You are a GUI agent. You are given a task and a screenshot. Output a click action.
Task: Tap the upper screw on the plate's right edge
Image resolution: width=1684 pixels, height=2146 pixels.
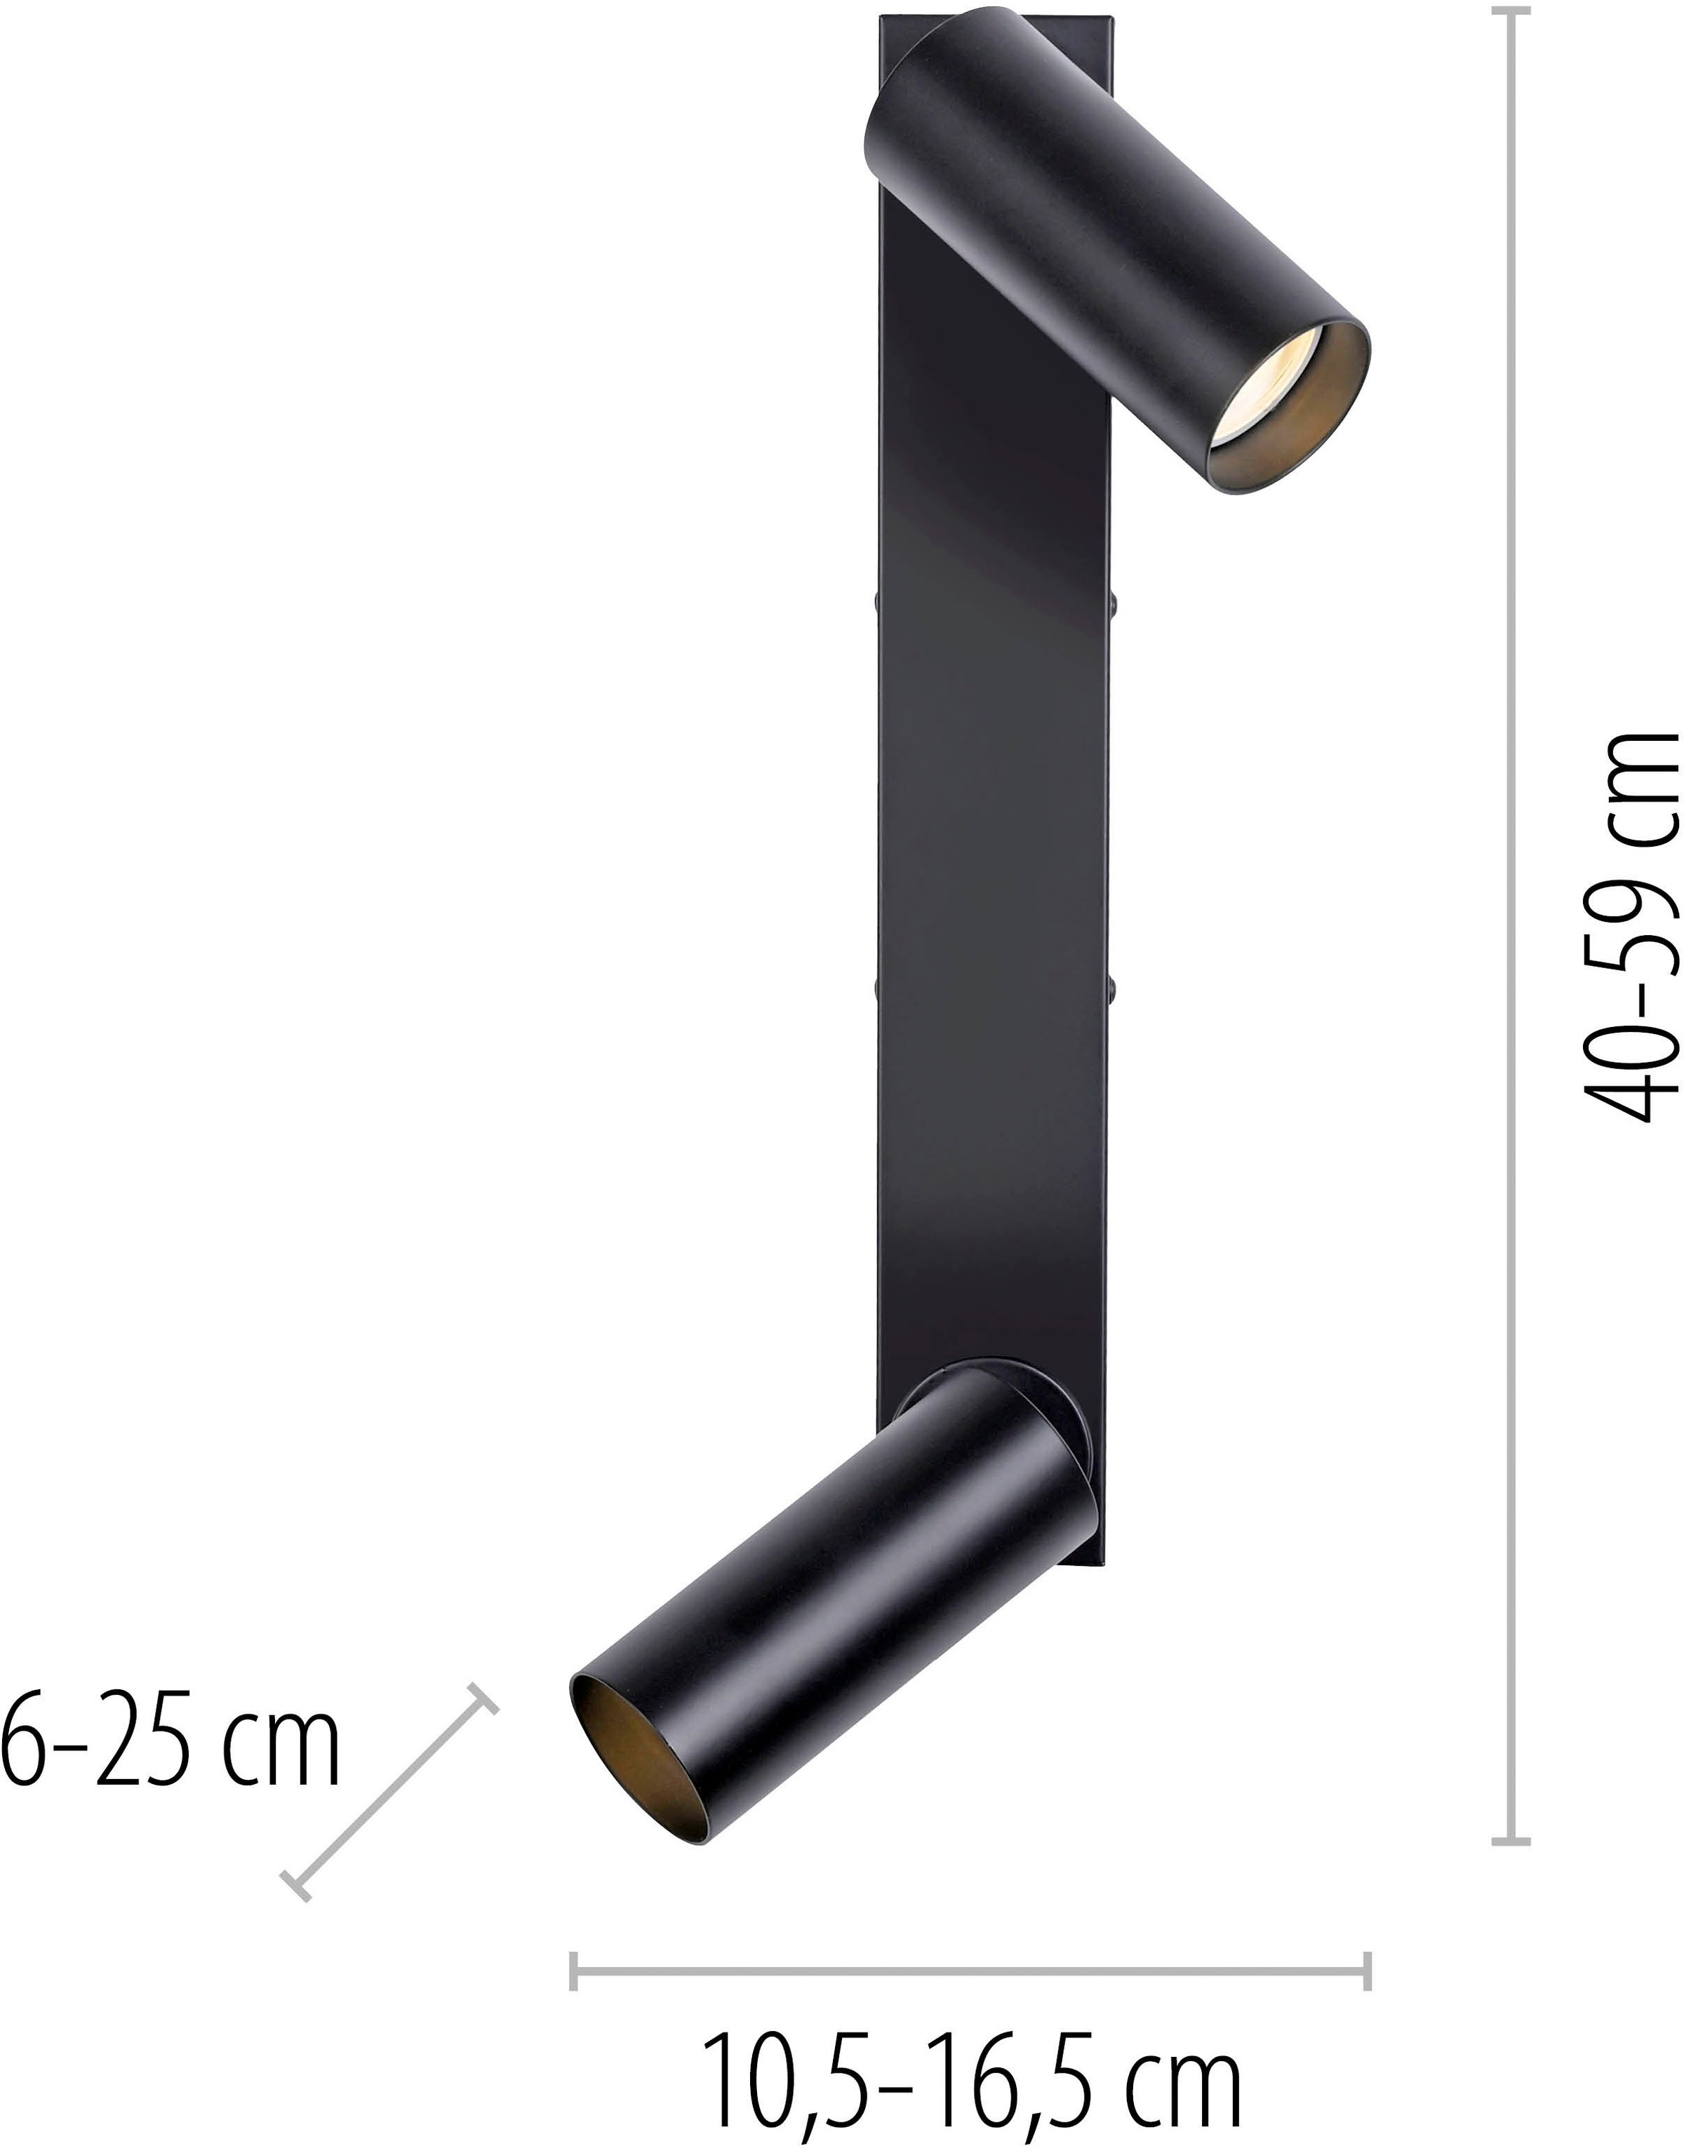point(1117,598)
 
